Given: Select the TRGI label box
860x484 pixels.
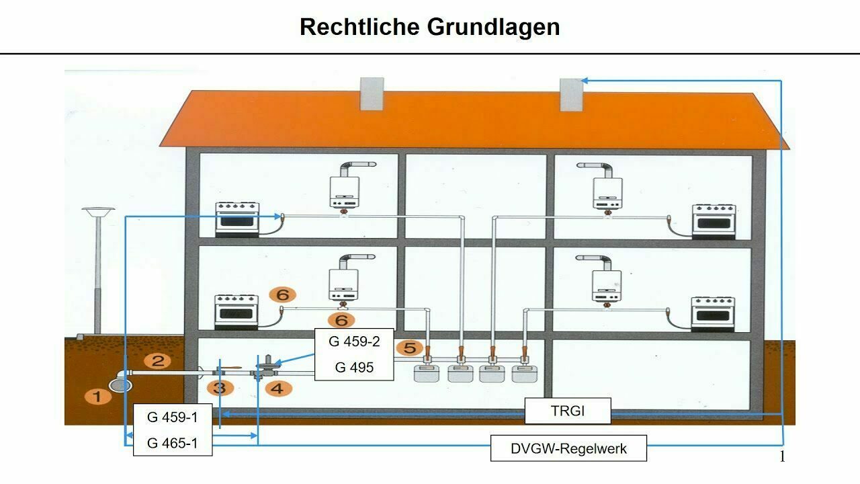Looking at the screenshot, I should pos(568,411).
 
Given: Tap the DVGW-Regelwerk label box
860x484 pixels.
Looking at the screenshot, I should pos(568,448).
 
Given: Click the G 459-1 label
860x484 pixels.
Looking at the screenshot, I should pos(173,417).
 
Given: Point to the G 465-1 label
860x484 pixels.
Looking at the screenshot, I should pos(173,443).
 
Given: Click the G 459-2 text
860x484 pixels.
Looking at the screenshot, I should pos(354,341).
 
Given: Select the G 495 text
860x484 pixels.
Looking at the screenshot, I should pos(354,367).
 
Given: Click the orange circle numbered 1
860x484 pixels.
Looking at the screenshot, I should pos(97,396).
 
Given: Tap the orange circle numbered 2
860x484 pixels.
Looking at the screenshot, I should pos(157,361).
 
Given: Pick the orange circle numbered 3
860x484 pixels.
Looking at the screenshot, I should pos(219,388).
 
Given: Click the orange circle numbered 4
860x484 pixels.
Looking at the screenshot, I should pos(278,388).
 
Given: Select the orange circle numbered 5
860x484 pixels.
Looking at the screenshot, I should pos(409,348).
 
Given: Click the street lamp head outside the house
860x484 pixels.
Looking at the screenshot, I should pos(98,213).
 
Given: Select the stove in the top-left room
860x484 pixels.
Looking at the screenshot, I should pos(236,218).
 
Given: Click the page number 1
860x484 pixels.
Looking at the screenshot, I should pos(782,457).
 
